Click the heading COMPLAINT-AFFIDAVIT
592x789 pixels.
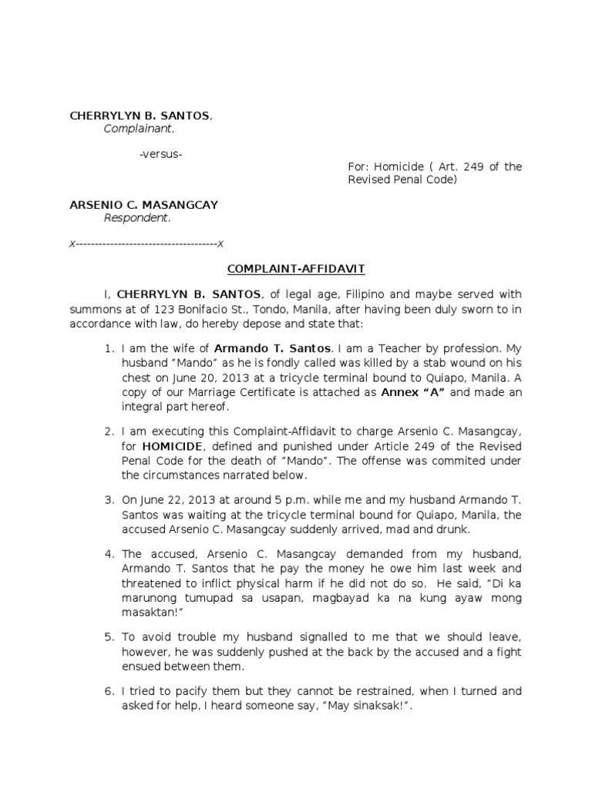click(296, 269)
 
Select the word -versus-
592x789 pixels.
click(160, 154)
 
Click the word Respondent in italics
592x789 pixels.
click(136, 218)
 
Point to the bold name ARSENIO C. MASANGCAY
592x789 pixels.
click(144, 205)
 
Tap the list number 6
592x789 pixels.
click(109, 691)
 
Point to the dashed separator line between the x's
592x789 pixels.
click(146, 243)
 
